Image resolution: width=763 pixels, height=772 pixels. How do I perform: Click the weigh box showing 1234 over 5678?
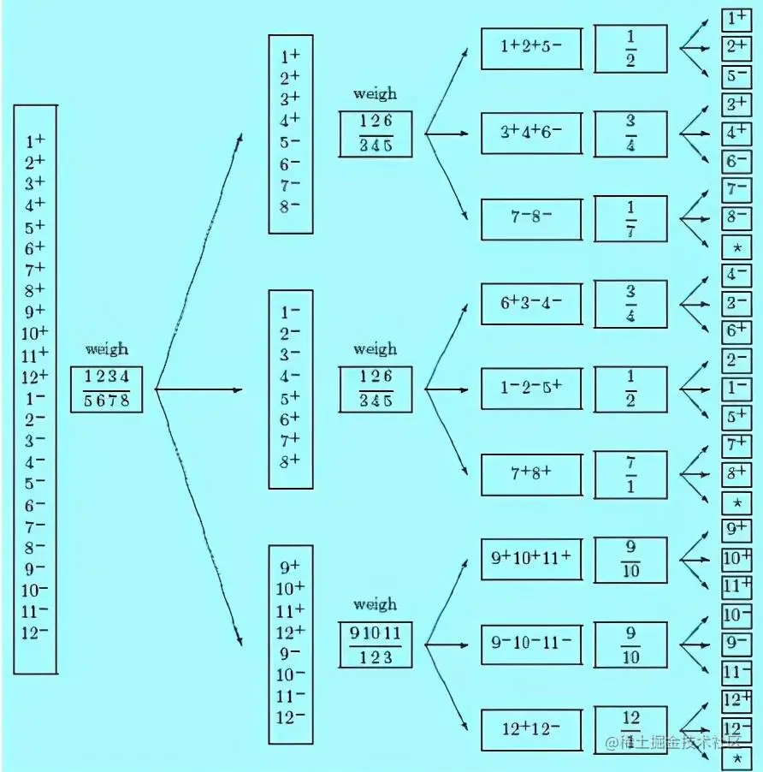[106, 389]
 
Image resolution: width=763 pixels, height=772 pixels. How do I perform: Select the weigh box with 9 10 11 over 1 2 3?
[375, 644]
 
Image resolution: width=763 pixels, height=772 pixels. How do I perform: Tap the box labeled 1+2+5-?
[530, 49]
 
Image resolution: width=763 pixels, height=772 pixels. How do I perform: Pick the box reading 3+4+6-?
[530, 134]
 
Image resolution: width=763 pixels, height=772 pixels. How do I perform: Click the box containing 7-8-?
[530, 219]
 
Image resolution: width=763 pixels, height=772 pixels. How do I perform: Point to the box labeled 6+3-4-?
[530, 304]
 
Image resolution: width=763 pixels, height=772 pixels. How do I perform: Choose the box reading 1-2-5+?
[530, 389]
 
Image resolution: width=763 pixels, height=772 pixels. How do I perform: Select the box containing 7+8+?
[530, 474]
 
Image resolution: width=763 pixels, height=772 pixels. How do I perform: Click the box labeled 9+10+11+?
[530, 559]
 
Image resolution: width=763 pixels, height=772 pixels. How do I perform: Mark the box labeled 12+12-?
[530, 730]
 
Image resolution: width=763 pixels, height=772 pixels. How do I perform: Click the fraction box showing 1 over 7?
[630, 219]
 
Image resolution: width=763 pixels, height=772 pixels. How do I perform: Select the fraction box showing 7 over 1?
[630, 474]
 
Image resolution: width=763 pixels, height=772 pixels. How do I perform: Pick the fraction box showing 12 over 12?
[630, 730]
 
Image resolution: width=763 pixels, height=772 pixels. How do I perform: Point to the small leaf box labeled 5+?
[736, 417]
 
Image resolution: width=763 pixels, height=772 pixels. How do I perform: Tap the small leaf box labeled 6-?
[736, 161]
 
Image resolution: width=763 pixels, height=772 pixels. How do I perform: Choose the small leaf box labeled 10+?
[736, 559]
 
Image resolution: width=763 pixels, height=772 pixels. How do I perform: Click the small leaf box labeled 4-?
[736, 276]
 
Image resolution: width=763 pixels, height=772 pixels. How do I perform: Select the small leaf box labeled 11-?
[736, 672]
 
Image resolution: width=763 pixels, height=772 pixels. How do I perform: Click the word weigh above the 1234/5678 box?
[107, 348]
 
